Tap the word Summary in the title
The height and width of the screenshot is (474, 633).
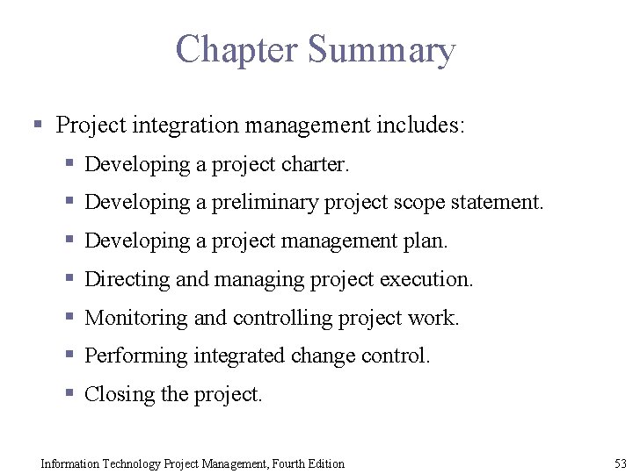[x=382, y=51]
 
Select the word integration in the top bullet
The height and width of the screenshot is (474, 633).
[x=185, y=126]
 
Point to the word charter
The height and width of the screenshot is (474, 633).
[x=315, y=164]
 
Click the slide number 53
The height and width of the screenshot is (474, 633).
[x=621, y=463]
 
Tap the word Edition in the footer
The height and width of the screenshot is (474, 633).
[x=324, y=463]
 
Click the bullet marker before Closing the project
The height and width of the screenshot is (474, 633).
[x=69, y=394]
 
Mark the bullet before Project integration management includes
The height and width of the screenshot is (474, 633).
[x=37, y=125]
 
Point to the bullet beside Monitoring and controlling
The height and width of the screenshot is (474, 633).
[x=69, y=317]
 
